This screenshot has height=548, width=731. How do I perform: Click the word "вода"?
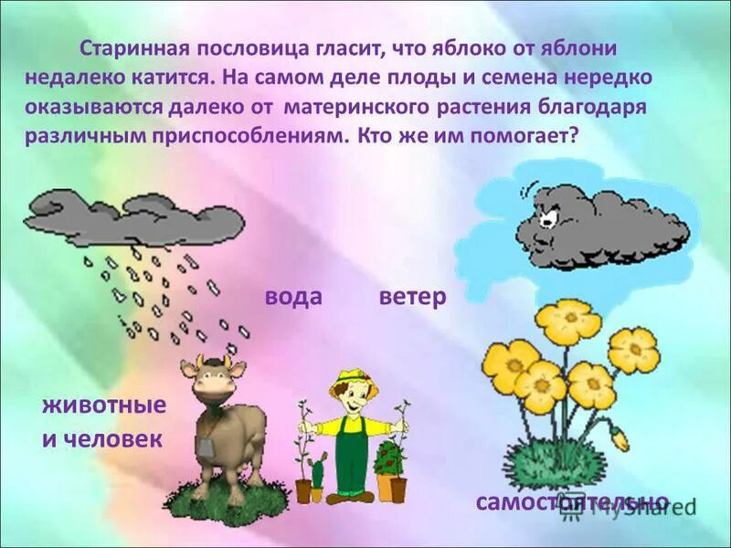point(294,297)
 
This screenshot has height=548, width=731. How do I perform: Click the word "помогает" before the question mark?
point(520,134)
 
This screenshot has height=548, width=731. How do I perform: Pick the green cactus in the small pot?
point(317,473)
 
